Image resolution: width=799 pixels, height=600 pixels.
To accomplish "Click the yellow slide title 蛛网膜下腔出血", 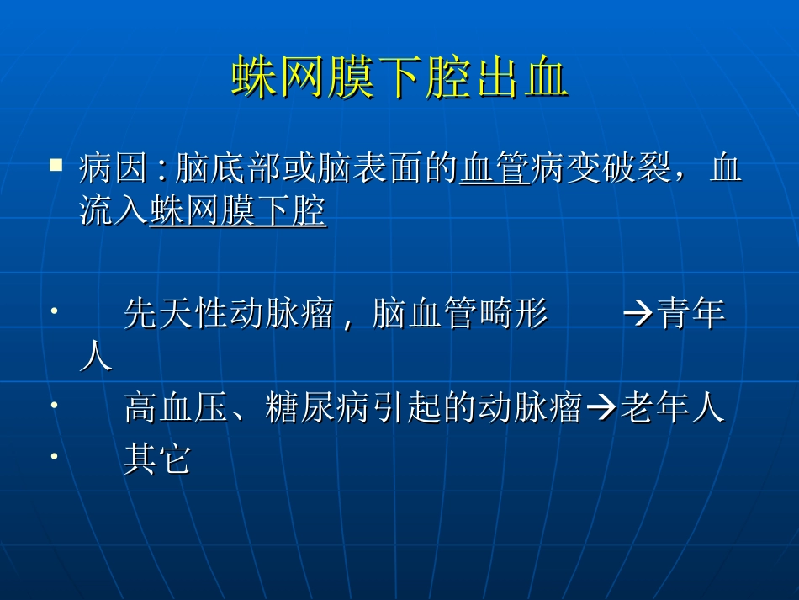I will coord(399,78).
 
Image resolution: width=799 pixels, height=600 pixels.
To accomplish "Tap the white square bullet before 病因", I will coord(57,164).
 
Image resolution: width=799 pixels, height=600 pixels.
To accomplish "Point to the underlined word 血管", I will coord(494,169).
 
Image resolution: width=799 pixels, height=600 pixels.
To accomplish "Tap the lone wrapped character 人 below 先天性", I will coord(95,357).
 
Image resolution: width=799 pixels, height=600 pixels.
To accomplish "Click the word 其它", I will coord(157,459).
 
